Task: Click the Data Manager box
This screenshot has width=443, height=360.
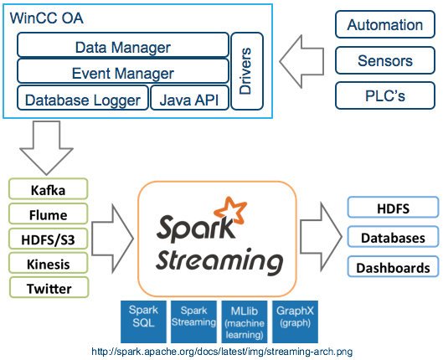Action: point(123,45)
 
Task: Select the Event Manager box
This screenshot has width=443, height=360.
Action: point(123,71)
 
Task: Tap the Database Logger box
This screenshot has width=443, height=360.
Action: point(83,98)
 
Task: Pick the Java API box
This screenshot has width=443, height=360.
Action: point(189,98)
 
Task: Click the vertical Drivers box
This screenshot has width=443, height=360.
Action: point(247,71)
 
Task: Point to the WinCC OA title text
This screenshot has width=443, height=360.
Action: point(47,18)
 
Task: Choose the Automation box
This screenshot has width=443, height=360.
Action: point(385,24)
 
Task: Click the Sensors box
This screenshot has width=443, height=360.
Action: point(385,60)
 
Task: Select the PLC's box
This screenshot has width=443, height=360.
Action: point(385,95)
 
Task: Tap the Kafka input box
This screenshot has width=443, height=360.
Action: point(49,189)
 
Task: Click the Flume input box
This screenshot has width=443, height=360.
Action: point(49,213)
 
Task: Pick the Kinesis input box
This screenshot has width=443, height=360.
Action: point(49,263)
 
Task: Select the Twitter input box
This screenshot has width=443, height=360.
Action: point(49,287)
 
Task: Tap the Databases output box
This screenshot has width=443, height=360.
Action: point(393,237)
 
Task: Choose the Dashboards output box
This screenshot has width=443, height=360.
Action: point(393,266)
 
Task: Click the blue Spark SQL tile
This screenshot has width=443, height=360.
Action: point(143,321)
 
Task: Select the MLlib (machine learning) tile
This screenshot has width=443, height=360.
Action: point(245,321)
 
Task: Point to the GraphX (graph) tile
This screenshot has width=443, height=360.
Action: point(296,321)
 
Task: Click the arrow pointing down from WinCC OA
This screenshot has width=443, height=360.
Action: point(47,147)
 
